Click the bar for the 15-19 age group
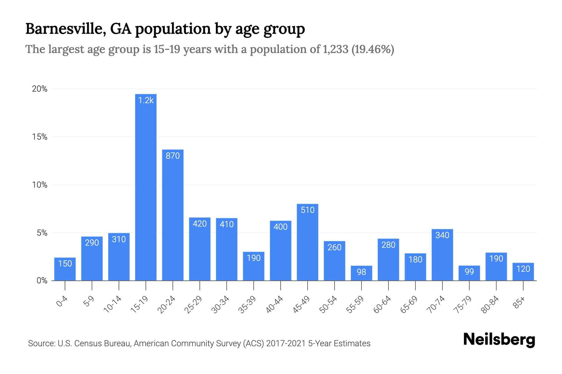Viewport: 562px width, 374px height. click(146, 187)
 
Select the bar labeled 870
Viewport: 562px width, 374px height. click(173, 215)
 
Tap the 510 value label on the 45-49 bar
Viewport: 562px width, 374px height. click(308, 210)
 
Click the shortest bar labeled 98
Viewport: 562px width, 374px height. click(361, 273)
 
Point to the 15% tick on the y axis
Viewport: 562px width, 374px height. click(40, 137)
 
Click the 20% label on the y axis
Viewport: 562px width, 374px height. click(40, 89)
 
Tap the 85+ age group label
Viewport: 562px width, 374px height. click(519, 303)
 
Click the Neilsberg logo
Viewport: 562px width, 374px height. click(499, 339)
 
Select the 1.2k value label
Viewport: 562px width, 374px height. click(146, 100)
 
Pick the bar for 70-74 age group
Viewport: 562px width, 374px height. click(442, 255)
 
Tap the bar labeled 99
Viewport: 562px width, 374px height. click(469, 273)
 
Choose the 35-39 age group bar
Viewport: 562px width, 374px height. click(254, 266)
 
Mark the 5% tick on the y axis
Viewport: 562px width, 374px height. click(42, 233)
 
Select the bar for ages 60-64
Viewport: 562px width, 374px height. click(388, 260)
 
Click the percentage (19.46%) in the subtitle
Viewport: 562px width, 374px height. click(373, 49)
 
